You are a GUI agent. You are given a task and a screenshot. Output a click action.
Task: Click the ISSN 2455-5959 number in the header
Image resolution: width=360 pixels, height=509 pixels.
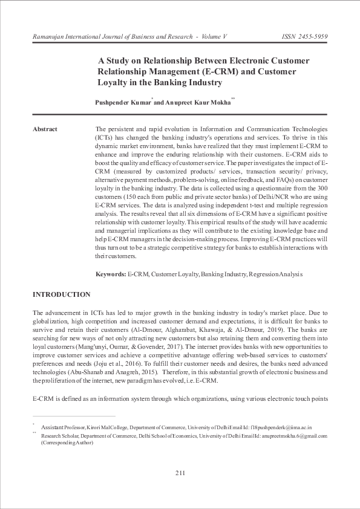pyautogui.click(x=305, y=37)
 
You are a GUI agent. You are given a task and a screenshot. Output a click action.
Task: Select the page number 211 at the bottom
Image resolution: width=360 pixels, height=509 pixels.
pyautogui.click(x=180, y=472)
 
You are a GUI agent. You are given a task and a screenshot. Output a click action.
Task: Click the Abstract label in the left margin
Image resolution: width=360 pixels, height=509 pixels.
pyautogui.click(x=45, y=129)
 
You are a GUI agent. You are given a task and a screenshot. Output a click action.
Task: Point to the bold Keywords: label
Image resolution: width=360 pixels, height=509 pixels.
pyautogui.click(x=110, y=274)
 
